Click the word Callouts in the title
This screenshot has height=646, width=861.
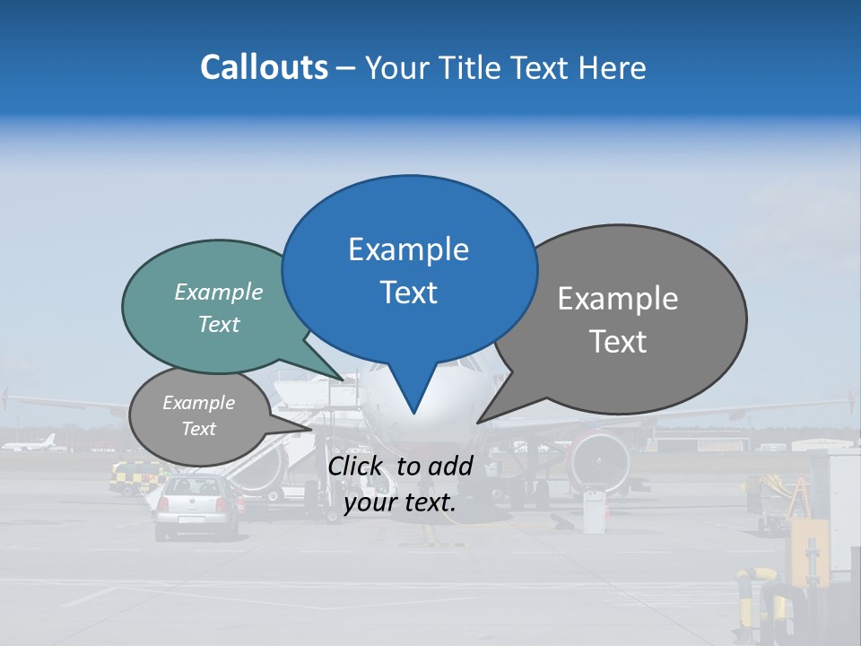pos(264,67)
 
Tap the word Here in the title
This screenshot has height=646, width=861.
pos(613,67)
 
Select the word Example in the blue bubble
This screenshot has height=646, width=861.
pos(408,249)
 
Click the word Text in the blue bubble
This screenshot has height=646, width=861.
pos(408,292)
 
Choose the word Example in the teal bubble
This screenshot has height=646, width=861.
pos(219,292)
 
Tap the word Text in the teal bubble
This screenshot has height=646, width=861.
pos(219,324)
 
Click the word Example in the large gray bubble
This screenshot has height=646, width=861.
pos(618,299)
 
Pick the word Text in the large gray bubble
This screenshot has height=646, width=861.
pos(618,342)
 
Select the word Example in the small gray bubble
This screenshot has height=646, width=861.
pos(198,403)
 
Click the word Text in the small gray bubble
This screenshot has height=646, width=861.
pos(198,429)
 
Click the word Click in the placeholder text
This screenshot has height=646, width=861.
pos(357,466)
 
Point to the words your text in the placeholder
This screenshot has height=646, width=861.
pos(400,503)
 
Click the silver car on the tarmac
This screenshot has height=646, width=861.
pos(197,507)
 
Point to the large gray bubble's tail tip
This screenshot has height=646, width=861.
pos(478,422)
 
